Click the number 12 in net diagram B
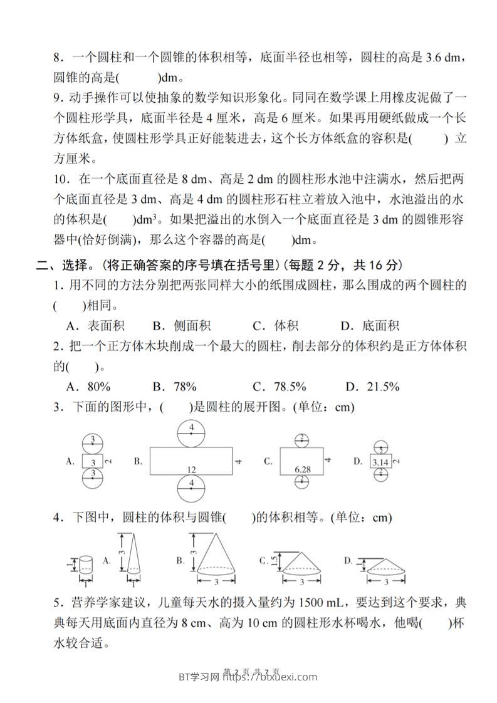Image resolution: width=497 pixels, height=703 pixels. pyautogui.click(x=191, y=469)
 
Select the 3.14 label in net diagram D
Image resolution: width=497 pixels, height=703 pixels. pyautogui.click(x=380, y=462)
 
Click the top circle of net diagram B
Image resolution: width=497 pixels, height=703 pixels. pyautogui.click(x=192, y=432)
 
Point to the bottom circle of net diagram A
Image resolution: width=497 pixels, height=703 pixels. pyautogui.click(x=92, y=479)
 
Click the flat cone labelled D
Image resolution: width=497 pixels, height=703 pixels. pyautogui.click(x=382, y=566)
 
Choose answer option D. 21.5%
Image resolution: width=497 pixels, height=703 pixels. pyautogui.click(x=370, y=387)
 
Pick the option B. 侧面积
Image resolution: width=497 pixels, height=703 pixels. pyautogui.click(x=181, y=325)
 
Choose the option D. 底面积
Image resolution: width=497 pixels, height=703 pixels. pyautogui.click(x=370, y=325)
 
